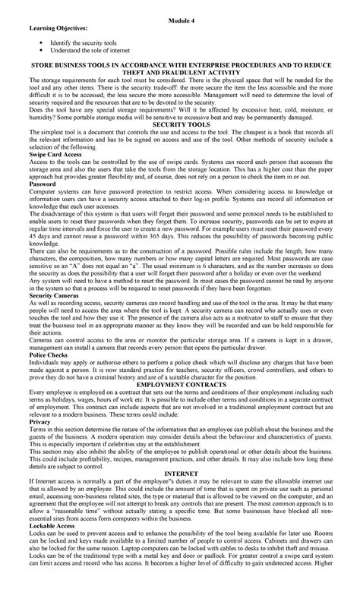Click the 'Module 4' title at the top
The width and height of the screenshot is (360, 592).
pyautogui.click(x=180, y=15)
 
